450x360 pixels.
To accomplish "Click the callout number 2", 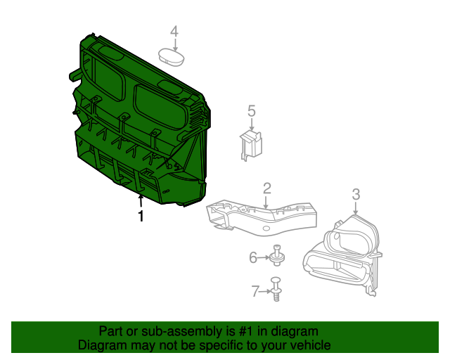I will [267, 188].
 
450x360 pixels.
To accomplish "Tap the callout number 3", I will [356, 193].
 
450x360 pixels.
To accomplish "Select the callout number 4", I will [174, 31].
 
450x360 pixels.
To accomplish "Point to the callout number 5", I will [251, 110].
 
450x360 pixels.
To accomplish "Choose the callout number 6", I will [254, 258].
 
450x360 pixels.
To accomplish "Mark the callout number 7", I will [255, 290].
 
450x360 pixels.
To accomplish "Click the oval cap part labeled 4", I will [171, 56].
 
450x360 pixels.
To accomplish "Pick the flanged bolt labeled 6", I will [277, 256].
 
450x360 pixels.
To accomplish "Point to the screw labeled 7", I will [277, 289].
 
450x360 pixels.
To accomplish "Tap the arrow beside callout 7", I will [266, 290].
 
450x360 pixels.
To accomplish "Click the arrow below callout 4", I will [174, 43].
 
